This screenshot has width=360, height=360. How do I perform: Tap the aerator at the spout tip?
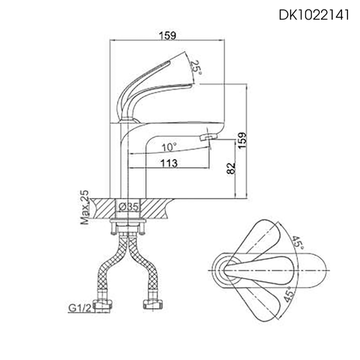[x=210, y=136]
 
